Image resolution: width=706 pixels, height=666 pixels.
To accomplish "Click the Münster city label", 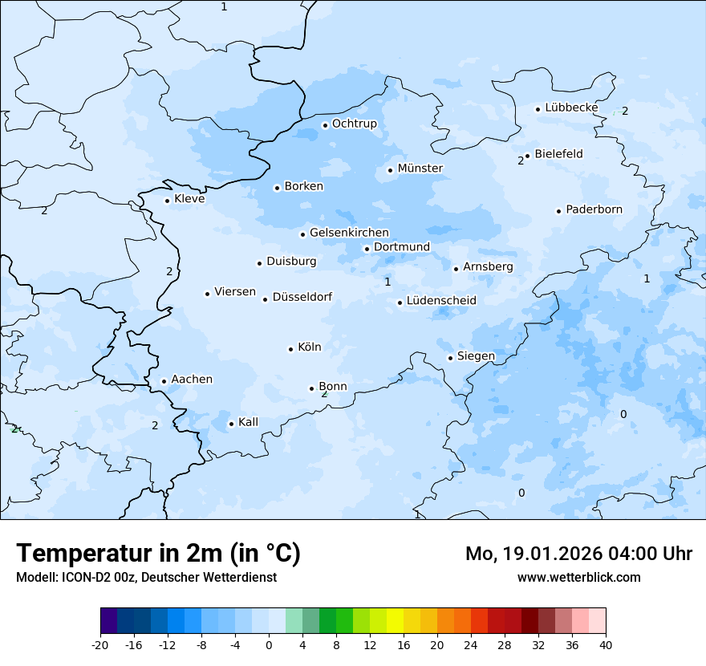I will point(420,169).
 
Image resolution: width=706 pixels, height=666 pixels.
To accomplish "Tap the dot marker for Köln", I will point(290,349).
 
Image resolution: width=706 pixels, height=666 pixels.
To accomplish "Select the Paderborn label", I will point(594,210).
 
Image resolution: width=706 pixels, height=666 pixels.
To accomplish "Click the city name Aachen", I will point(192,380).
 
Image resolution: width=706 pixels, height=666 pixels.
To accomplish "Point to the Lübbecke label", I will point(571,108).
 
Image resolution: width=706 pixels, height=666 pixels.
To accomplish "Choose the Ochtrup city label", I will point(354,124).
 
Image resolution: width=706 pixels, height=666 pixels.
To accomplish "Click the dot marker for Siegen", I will point(450,358).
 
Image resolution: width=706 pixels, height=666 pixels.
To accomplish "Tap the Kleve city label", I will point(189,199).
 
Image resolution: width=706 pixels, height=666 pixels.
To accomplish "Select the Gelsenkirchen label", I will point(349,233).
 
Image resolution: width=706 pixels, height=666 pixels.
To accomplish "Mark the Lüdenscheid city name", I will point(441,301).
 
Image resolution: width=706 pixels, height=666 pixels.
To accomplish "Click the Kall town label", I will point(248,422).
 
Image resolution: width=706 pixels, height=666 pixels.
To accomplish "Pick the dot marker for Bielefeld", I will point(527,156).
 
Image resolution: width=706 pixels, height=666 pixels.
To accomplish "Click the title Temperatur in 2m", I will point(158,553).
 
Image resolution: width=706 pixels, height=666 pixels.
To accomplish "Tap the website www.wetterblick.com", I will point(578,578).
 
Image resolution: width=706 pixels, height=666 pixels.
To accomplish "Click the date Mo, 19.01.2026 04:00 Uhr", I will point(578,554).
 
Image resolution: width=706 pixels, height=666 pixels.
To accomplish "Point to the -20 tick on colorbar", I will point(100,644).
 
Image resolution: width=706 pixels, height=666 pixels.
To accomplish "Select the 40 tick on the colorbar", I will point(606,644).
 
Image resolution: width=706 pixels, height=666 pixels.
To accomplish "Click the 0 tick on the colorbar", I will point(269,644).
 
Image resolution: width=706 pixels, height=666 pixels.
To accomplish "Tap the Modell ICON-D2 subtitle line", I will point(146,578).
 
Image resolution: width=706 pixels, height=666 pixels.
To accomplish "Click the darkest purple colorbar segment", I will point(108,621).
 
